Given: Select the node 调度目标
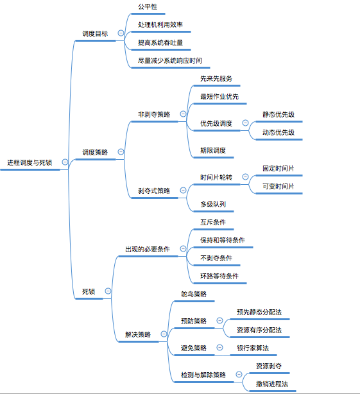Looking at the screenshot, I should (x=95, y=33).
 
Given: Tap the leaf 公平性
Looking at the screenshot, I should (x=147, y=6).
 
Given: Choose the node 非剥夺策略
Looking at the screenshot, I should (x=154, y=114).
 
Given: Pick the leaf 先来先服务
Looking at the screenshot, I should (x=216, y=78).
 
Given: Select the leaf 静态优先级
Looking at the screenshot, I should (x=278, y=114).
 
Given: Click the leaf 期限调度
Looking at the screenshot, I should (x=212, y=151).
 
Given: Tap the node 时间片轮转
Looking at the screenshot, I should (x=216, y=177).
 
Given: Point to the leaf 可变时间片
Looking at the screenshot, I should (x=278, y=186).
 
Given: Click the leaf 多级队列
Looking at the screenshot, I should (x=212, y=204).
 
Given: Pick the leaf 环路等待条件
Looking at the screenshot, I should (x=219, y=276).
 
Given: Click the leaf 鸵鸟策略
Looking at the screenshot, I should (x=194, y=294).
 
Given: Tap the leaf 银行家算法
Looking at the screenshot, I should (x=253, y=348).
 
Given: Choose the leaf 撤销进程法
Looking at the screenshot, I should (x=271, y=384).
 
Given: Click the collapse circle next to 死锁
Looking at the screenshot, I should (x=108, y=291).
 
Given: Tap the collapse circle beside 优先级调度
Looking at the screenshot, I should (x=245, y=123).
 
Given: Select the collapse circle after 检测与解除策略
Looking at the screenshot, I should (x=237, y=375).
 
